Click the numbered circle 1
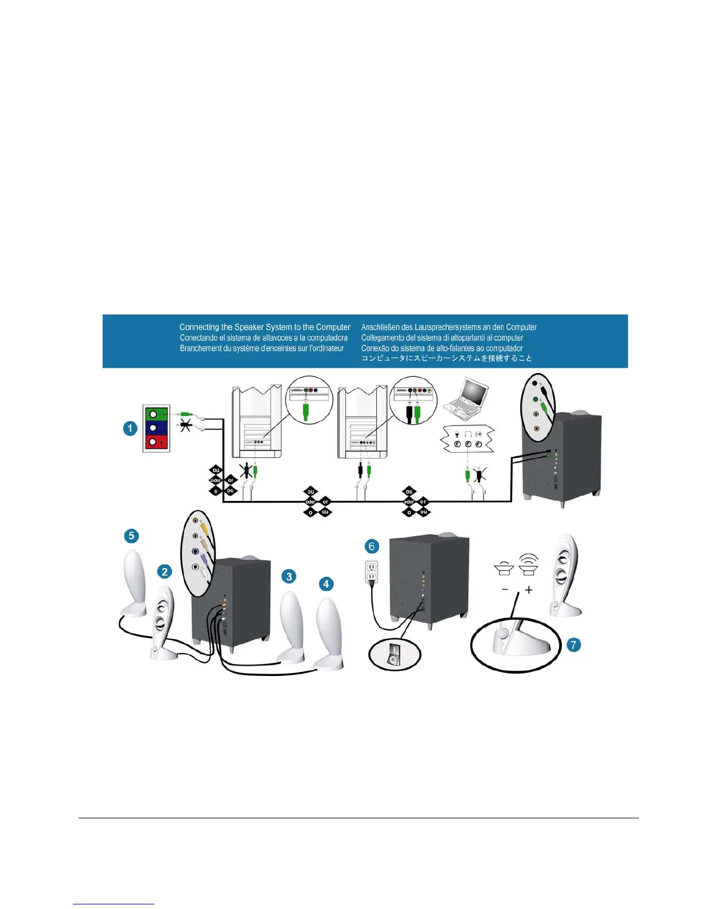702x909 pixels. tap(130, 428)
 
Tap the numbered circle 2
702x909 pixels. tap(165, 572)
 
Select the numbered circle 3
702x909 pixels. tap(289, 576)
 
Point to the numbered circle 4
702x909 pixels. tap(326, 584)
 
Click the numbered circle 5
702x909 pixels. tap(131, 536)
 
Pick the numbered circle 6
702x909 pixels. tap(372, 546)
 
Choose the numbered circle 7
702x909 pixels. tap(573, 645)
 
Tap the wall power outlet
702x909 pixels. tap(371, 572)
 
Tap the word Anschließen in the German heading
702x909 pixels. tap(380, 327)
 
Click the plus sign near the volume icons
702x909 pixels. tap(528, 589)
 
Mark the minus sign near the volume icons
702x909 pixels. tap(505, 589)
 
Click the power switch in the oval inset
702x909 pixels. tap(393, 656)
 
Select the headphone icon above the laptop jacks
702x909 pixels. tap(467, 434)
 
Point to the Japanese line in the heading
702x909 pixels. tap(446, 358)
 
